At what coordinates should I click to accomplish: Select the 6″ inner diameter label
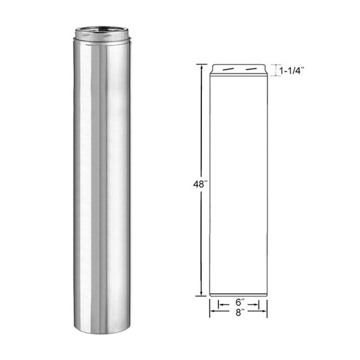click(238, 304)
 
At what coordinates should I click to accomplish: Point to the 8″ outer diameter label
click(238, 313)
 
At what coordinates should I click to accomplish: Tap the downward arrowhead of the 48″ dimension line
click(201, 294)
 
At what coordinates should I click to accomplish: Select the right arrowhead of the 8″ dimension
click(265, 313)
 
